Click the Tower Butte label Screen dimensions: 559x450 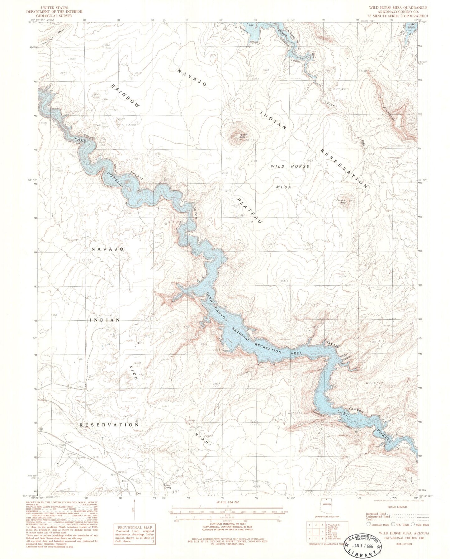(x=243, y=136)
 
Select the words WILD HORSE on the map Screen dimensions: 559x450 (x=290, y=166)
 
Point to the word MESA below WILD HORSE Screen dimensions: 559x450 (x=283, y=187)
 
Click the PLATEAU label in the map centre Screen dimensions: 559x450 (x=249, y=211)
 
